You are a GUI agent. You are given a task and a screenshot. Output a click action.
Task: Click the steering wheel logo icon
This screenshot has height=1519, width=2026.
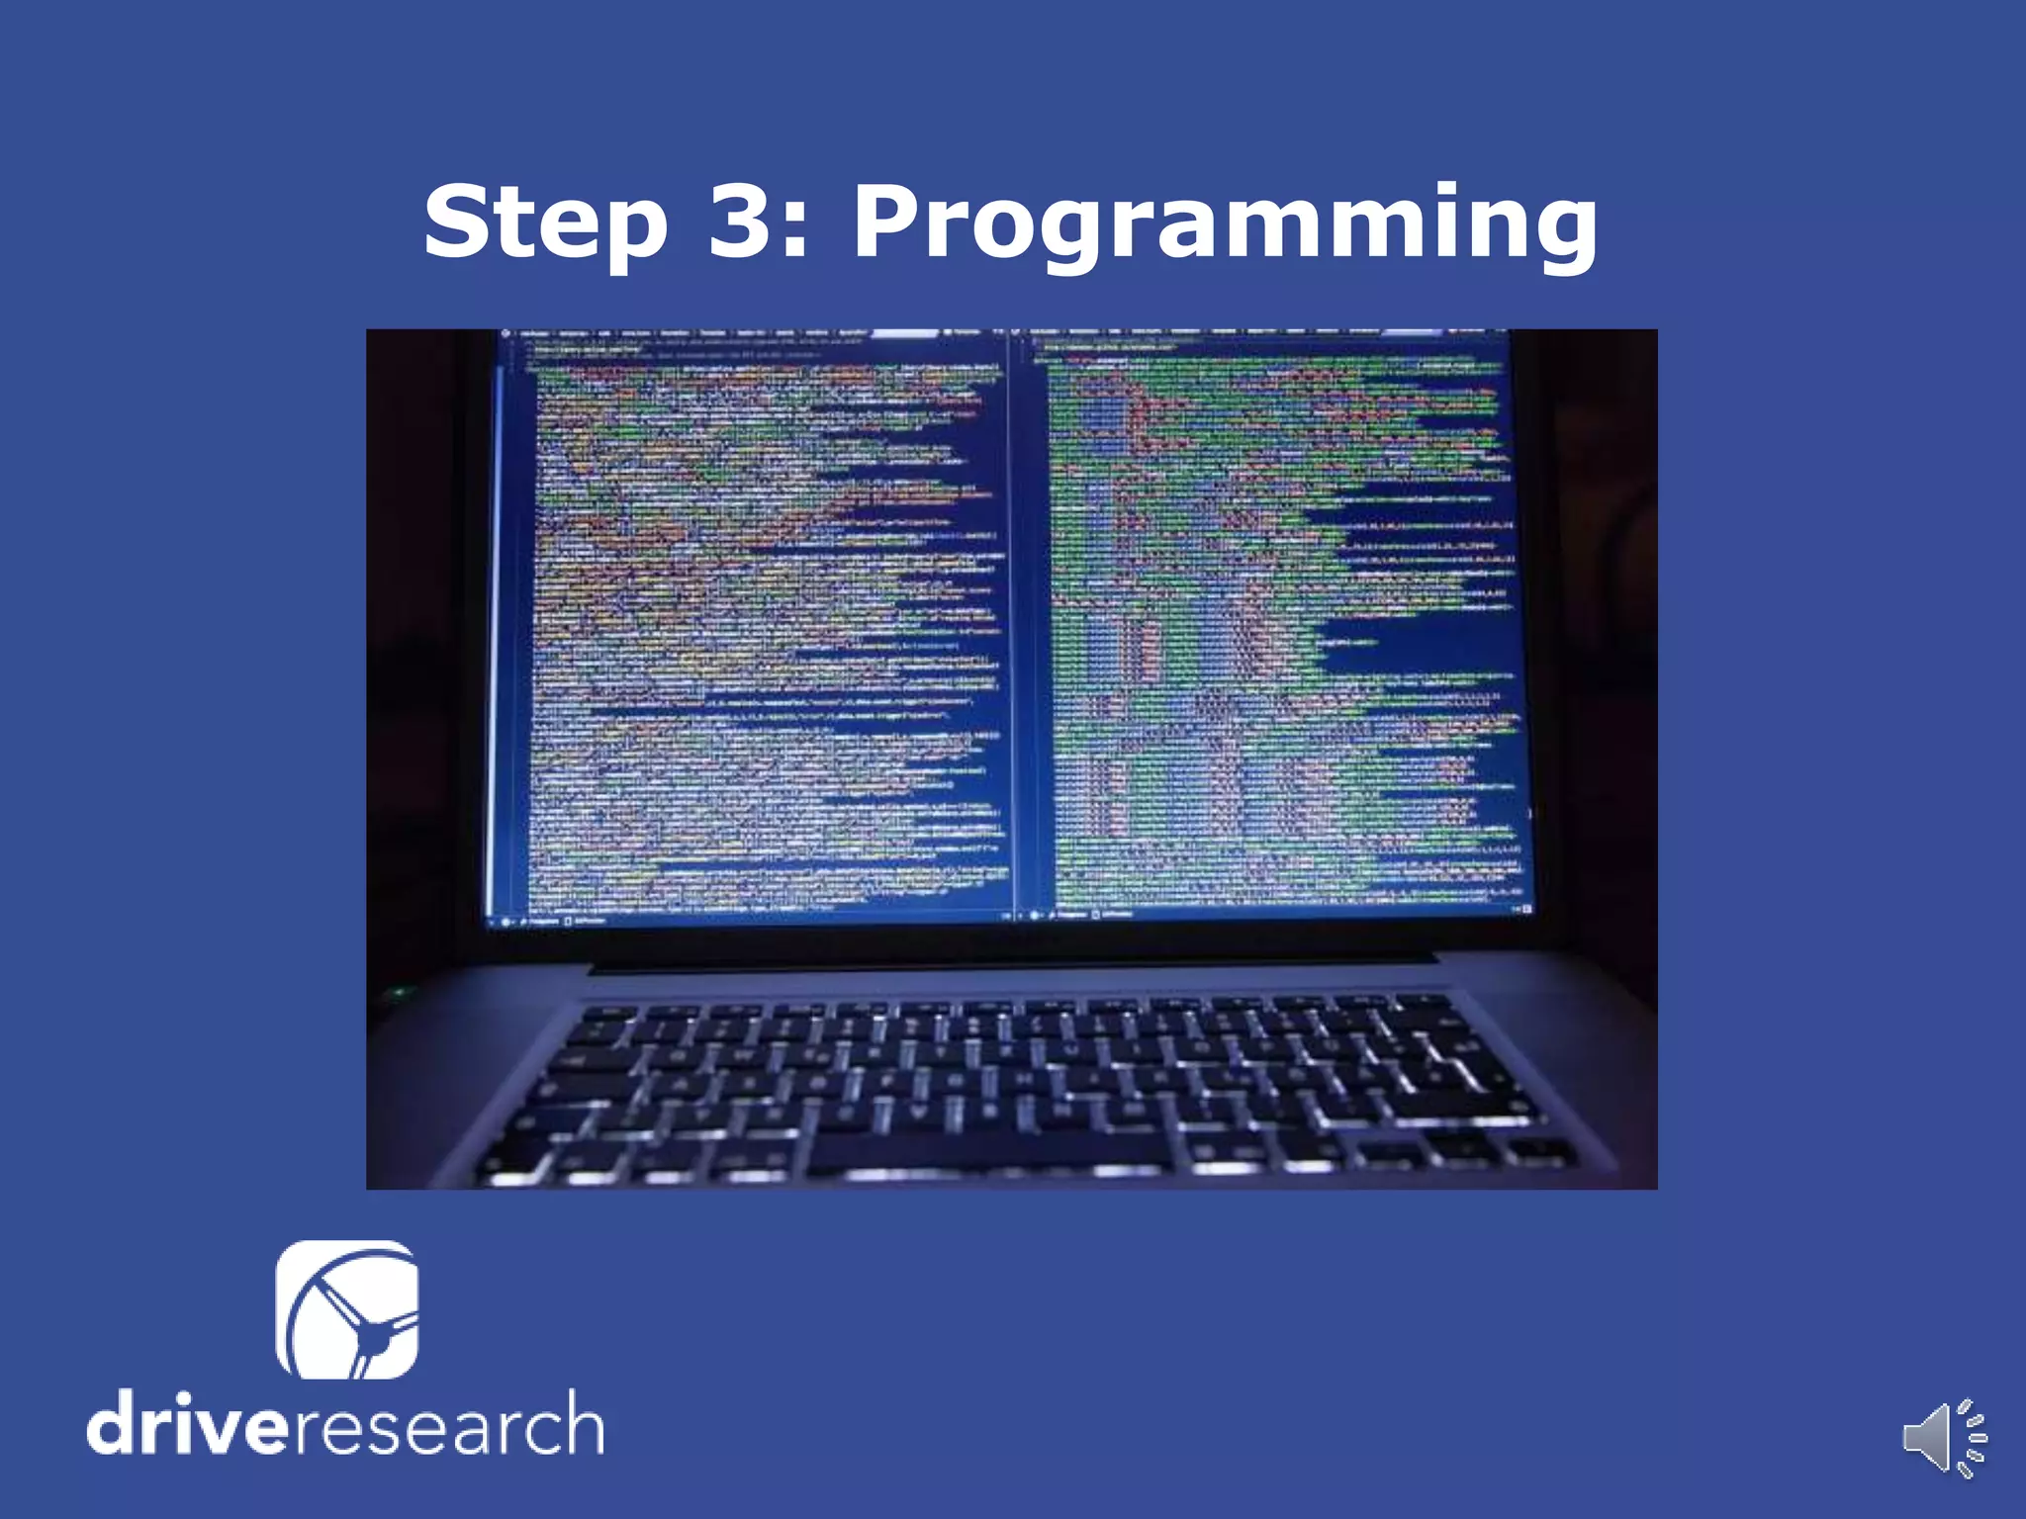[x=347, y=1309]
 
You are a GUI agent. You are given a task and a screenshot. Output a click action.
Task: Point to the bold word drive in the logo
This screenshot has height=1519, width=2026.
[x=189, y=1425]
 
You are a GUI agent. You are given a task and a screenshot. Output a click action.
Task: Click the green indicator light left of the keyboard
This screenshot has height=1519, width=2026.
[x=399, y=991]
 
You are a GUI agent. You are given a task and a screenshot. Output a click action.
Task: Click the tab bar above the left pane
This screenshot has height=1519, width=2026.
[x=752, y=333]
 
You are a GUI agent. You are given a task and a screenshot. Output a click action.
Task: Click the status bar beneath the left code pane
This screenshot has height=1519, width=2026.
[x=752, y=921]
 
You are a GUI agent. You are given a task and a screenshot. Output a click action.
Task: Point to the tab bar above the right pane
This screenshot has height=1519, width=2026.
[x=1266, y=333]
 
